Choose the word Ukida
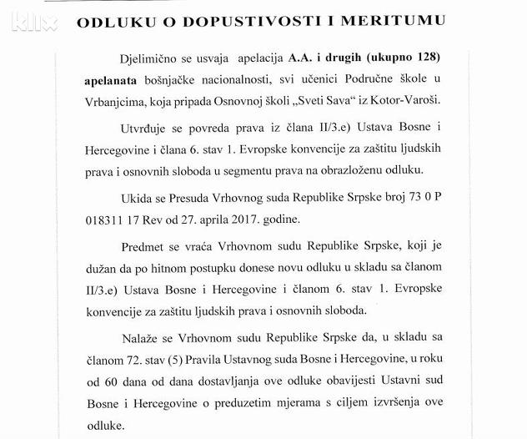click(x=135, y=200)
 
